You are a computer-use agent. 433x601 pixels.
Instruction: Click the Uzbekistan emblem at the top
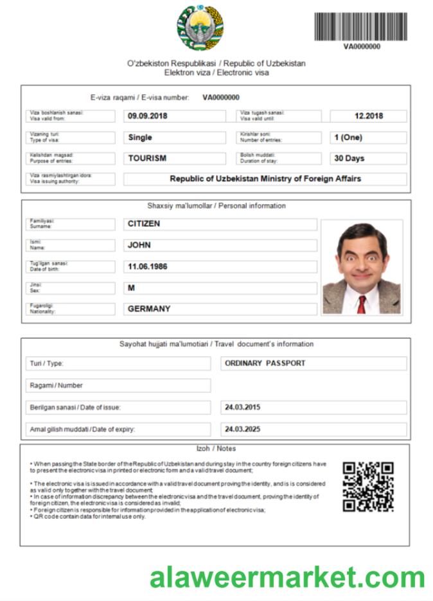[x=200, y=29]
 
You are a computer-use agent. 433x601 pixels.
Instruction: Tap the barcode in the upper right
[x=360, y=27]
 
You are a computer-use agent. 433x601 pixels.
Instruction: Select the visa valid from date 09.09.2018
[x=148, y=116]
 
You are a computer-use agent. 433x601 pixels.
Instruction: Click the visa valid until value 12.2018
[x=368, y=116]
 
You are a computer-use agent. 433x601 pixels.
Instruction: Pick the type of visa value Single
[x=140, y=137]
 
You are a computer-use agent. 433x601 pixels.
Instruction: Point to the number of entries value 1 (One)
[x=348, y=137]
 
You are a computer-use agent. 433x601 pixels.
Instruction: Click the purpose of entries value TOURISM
[x=147, y=158]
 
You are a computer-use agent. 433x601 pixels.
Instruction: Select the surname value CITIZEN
[x=144, y=224]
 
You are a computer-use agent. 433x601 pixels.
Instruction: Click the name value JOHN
[x=139, y=245]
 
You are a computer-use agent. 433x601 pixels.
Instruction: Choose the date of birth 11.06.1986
[x=148, y=266]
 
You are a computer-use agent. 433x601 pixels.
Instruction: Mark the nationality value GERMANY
[x=149, y=308]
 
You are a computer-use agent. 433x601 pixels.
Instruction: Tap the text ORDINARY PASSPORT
[x=265, y=363]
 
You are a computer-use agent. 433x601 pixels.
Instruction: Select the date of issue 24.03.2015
[x=243, y=407]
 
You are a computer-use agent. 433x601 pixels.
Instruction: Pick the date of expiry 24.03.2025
[x=243, y=428]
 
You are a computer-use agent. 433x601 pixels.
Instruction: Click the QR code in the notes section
[x=367, y=487]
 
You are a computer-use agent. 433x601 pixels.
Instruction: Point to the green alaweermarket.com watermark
[x=287, y=577]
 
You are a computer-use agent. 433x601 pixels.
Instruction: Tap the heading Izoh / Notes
[x=216, y=448]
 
